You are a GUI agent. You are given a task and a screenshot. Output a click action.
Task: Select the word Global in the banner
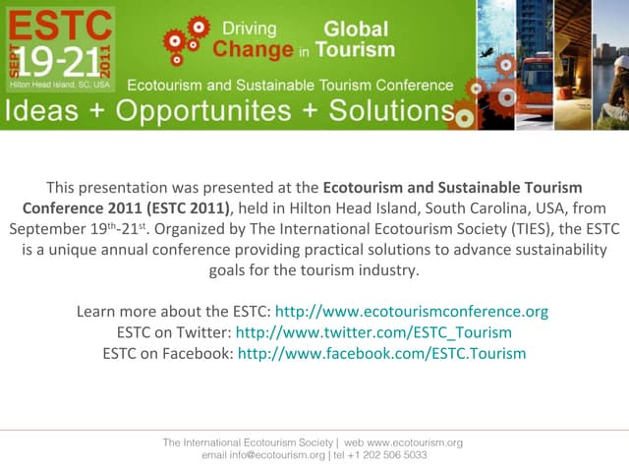(356, 29)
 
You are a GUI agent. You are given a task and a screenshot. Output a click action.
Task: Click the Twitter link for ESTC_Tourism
(373, 332)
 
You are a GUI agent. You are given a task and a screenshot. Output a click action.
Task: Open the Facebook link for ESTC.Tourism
(381, 353)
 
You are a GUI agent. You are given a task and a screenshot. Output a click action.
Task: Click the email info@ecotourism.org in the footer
(263, 455)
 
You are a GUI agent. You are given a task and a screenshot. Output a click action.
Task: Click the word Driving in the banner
(249, 29)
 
